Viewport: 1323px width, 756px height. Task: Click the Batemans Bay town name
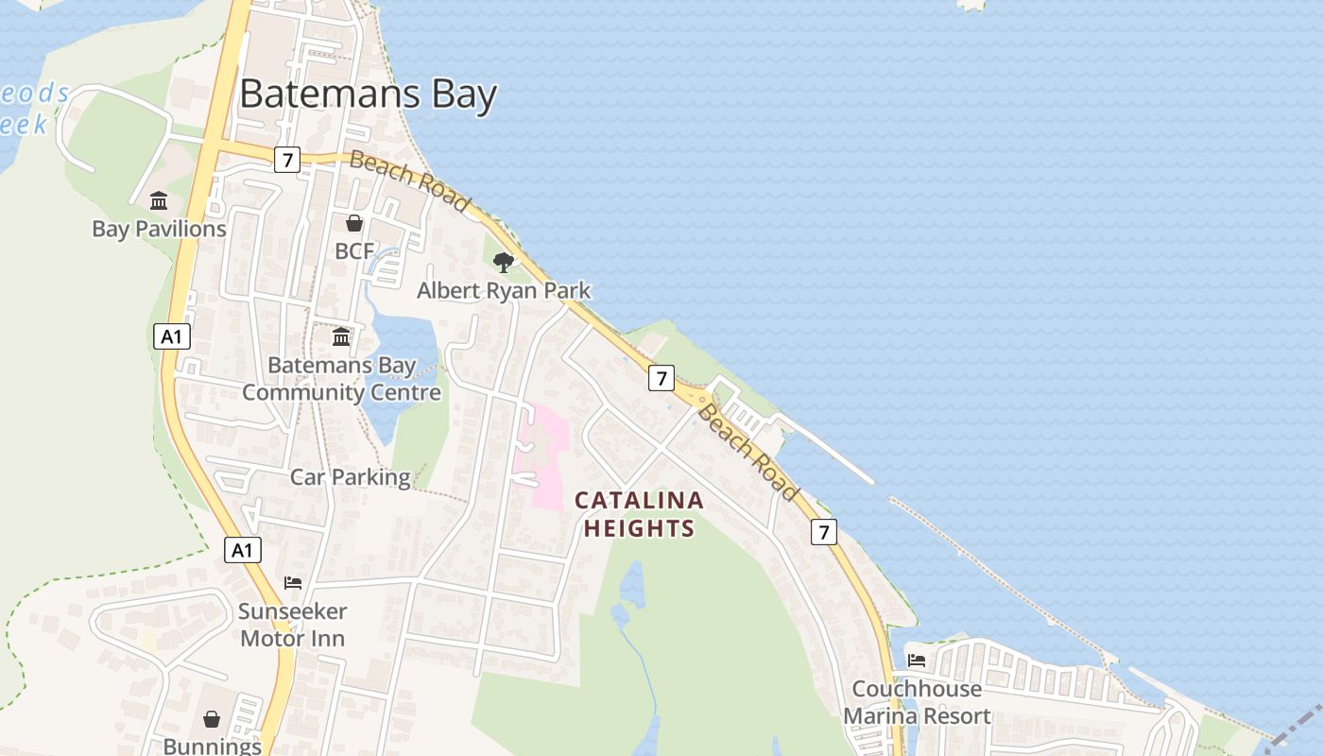[368, 95]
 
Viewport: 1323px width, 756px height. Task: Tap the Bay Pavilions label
[159, 229]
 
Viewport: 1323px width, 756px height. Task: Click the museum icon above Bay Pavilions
[159, 201]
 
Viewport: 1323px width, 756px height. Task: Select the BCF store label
[354, 251]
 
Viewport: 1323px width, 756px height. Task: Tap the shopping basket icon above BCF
[354, 223]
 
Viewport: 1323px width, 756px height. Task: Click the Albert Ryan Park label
[504, 290]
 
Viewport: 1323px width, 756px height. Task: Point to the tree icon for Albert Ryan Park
[504, 262]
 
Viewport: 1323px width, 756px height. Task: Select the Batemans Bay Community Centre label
[341, 379]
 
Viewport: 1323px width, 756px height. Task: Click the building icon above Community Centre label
[341, 337]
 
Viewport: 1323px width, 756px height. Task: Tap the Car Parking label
[350, 477]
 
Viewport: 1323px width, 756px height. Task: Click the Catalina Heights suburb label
[639, 514]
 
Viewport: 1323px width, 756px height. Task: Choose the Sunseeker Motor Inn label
[292, 625]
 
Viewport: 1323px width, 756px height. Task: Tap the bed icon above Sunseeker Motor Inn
[293, 583]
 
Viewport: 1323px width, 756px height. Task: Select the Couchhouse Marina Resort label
[917, 702]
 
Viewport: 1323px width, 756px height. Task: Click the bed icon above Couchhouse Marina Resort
[916, 661]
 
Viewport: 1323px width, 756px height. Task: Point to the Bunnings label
[212, 747]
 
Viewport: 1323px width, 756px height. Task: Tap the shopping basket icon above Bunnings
[212, 720]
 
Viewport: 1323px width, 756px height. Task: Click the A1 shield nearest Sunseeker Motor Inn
[243, 550]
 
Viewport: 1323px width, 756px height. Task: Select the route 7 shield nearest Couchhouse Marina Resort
[823, 532]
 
